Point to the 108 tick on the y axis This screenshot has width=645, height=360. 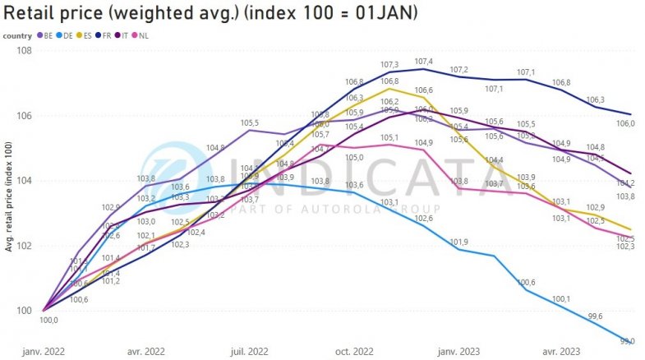click(26, 50)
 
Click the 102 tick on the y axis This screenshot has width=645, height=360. click(26, 246)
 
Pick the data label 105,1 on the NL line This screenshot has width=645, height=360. click(389, 138)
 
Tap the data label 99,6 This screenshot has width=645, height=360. click(596, 316)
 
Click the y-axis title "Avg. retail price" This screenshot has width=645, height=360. click(8, 196)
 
